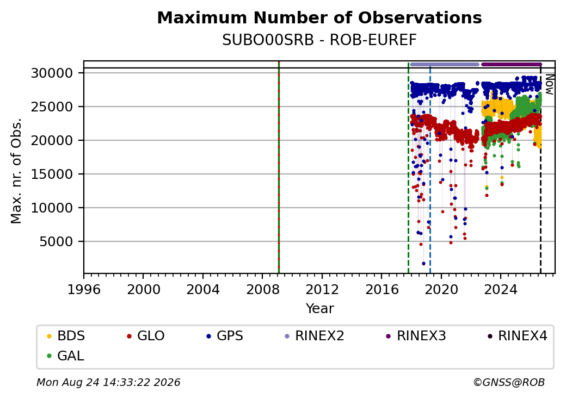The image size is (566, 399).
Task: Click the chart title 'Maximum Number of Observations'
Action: click(319, 17)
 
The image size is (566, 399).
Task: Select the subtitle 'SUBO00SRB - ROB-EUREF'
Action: click(319, 40)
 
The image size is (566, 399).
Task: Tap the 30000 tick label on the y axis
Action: click(52, 73)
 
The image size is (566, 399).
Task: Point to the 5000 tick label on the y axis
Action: click(56, 241)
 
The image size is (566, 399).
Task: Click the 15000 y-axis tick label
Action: click(52, 174)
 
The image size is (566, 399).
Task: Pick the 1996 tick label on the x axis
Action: click(84, 289)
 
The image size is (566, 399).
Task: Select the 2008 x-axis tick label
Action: click(262, 289)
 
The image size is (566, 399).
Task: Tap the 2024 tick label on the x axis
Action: click(501, 289)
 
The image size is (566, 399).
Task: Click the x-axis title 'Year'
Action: click(320, 309)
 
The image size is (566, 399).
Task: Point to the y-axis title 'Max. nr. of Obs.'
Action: click(16, 171)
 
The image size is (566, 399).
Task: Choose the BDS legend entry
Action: click(66, 336)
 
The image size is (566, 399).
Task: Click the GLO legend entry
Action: click(146, 336)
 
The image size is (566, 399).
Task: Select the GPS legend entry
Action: click(225, 336)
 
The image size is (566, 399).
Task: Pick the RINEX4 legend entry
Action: click(517, 336)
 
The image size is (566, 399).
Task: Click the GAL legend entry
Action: click(66, 356)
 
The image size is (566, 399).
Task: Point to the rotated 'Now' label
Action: click(549, 84)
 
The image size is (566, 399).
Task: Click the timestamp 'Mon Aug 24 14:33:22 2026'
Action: click(108, 382)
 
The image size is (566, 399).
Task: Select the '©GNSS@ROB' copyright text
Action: click(509, 382)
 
